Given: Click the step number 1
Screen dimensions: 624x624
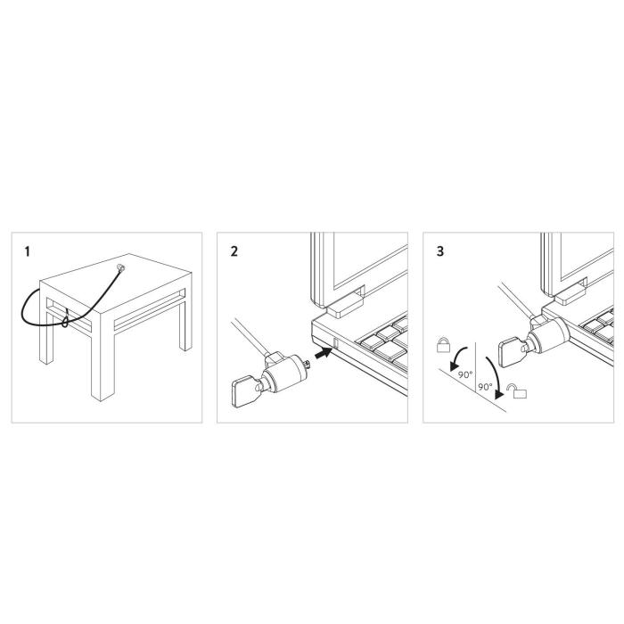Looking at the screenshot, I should click(x=27, y=252).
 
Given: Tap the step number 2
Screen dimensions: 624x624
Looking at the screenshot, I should click(x=234, y=251).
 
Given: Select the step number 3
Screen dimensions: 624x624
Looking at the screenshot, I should click(x=439, y=251).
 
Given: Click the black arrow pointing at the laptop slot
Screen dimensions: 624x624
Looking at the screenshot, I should click(x=328, y=356).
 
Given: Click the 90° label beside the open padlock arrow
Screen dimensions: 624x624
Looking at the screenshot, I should click(x=486, y=388).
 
